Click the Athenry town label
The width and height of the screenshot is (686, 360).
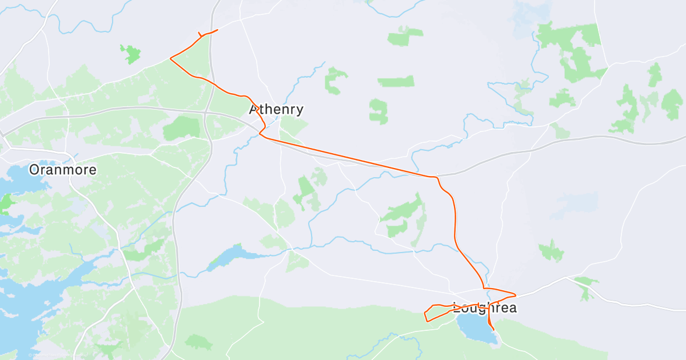coord(276,109)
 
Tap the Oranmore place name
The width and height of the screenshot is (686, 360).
coord(63,170)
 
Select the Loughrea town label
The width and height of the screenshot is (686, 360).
coord(485,308)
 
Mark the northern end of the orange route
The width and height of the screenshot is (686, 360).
coord(217,30)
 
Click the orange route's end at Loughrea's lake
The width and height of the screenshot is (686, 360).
coord(493,330)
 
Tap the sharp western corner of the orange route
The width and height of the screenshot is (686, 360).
coord(170,58)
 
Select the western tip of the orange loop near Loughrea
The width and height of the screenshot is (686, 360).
coord(424,314)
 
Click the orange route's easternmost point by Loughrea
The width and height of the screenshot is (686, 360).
coord(516,295)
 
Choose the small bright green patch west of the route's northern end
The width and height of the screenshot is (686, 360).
coord(131,54)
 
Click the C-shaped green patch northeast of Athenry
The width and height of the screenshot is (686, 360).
coord(334,81)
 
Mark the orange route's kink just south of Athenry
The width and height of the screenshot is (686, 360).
coord(260,134)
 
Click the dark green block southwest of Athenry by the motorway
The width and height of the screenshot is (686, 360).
coord(181,129)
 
